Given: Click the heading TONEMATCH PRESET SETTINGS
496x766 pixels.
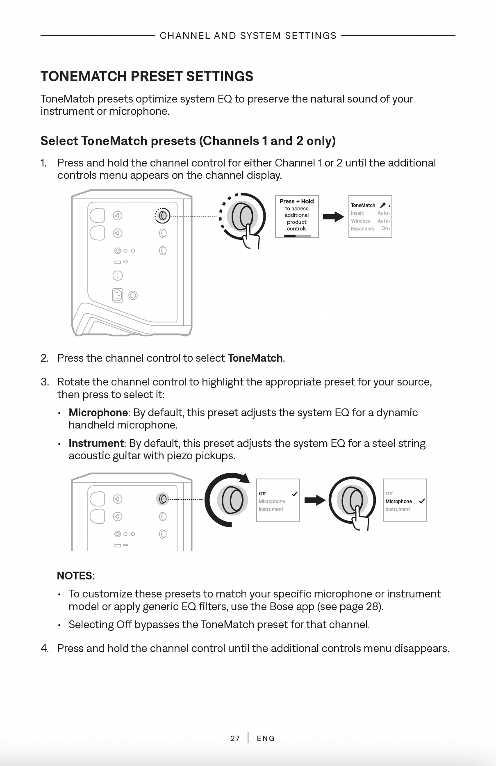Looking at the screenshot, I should [x=147, y=77].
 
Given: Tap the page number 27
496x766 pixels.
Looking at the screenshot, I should [x=235, y=739].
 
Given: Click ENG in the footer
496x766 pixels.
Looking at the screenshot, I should [x=266, y=739].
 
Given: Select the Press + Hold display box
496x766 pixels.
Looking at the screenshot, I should [x=297, y=216].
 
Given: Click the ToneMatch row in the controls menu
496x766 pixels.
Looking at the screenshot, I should [x=363, y=205].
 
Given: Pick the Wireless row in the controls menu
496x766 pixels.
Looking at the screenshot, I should [x=360, y=221].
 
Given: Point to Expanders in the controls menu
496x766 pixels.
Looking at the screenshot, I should [x=362, y=229].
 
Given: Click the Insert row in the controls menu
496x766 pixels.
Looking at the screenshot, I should [x=357, y=213].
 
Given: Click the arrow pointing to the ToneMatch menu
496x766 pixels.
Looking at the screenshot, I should [x=333, y=217].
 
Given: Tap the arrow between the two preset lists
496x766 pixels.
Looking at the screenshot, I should [x=315, y=500].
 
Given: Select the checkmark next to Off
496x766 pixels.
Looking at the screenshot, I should [x=294, y=494].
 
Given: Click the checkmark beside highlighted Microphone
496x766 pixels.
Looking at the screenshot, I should [x=422, y=501].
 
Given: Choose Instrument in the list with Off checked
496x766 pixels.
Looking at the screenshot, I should [x=271, y=509].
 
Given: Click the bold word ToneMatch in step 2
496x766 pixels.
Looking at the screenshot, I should [x=255, y=358].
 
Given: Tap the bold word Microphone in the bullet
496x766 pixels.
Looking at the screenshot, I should [x=98, y=413].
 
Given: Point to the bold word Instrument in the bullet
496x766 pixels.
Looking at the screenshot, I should [x=96, y=443].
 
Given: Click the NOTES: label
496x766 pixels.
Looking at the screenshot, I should [x=76, y=576].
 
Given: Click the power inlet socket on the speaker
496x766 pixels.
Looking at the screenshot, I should [x=118, y=295].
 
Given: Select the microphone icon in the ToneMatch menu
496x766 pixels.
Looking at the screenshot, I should [x=382, y=205].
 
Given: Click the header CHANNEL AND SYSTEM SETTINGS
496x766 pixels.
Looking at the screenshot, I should [x=248, y=36].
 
